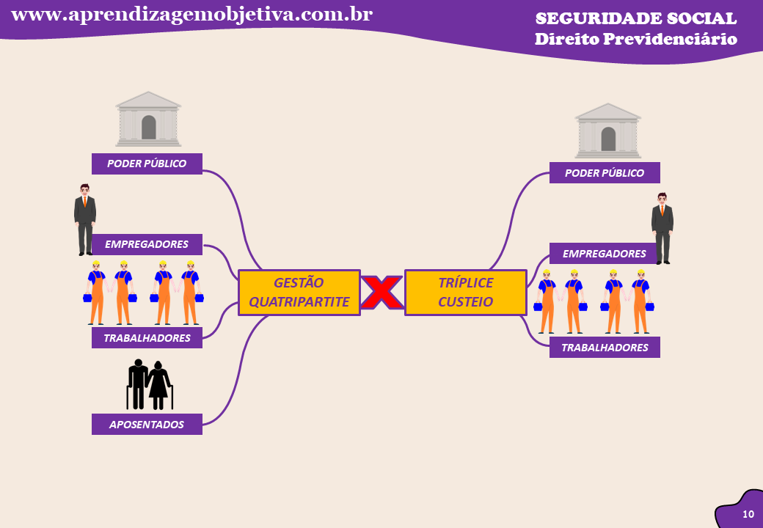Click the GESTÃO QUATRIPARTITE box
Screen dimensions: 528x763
[299, 292]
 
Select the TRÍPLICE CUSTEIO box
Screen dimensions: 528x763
[465, 292]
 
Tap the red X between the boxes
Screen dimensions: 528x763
[381, 293]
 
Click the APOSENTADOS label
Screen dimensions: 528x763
[147, 424]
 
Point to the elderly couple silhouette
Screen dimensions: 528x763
[149, 384]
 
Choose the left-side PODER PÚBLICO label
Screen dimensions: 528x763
[147, 164]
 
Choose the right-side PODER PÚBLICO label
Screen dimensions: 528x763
[605, 173]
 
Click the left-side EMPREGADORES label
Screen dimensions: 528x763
[147, 244]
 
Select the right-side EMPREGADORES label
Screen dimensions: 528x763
[604, 254]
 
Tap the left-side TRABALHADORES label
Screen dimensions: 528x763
[147, 338]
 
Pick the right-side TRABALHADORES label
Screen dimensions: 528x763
[605, 348]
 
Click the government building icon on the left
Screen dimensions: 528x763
[148, 119]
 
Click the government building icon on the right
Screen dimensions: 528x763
[607, 131]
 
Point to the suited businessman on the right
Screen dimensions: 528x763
[662, 228]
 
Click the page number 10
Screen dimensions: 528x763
[748, 514]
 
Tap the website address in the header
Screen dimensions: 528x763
[192, 14]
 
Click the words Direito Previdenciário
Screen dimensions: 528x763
[635, 39]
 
